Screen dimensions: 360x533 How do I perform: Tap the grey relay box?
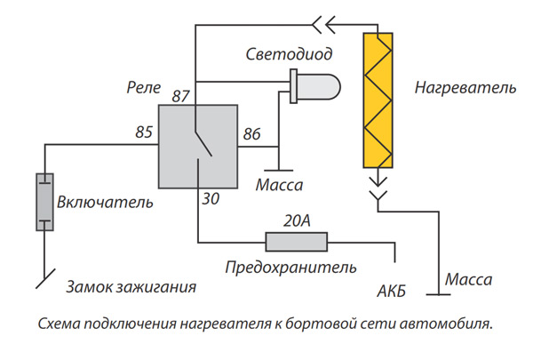(x=197, y=145)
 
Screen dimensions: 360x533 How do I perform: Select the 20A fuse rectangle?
(x=297, y=240)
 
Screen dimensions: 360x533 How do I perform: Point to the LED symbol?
(x=315, y=87)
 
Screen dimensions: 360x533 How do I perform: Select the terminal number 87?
(x=180, y=95)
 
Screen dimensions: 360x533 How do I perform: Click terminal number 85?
(x=144, y=133)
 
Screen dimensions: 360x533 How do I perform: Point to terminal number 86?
(x=251, y=134)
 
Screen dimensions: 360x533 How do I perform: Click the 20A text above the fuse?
(x=297, y=220)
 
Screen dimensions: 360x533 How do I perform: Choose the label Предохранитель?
(x=290, y=267)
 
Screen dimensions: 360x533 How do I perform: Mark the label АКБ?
(x=393, y=291)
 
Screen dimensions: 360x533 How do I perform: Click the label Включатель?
(x=105, y=203)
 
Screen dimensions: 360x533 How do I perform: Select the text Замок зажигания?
(x=131, y=288)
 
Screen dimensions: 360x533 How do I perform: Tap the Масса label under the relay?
(x=279, y=187)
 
